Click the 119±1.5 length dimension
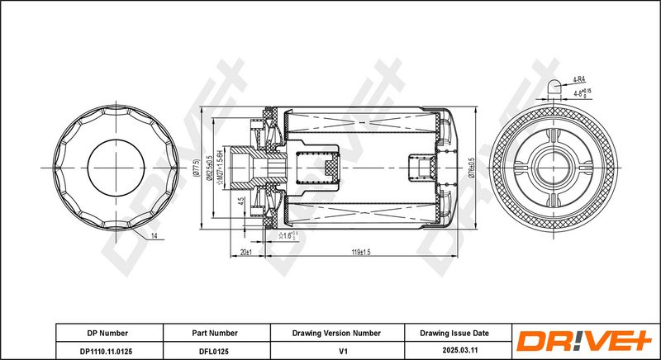[x=361, y=252]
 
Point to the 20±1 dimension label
[x=245, y=252]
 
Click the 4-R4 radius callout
[x=581, y=80]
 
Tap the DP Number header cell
[x=107, y=333]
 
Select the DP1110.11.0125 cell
[x=107, y=350]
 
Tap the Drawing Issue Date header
[x=455, y=333]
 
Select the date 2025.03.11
[x=455, y=350]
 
